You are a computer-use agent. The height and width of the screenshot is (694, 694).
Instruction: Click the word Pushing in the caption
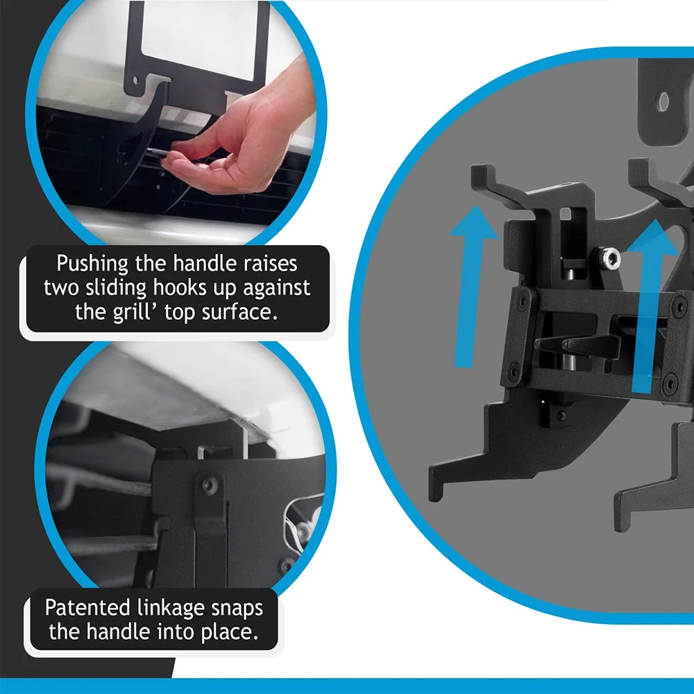click(x=92, y=264)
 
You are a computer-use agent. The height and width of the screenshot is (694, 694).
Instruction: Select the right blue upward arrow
click(x=651, y=305)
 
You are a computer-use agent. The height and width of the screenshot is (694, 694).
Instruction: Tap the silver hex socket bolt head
click(x=611, y=258)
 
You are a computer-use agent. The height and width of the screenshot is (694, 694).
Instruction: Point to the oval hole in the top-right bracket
click(x=663, y=102)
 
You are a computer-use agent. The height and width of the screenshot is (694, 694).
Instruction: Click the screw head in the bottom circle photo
click(x=210, y=486)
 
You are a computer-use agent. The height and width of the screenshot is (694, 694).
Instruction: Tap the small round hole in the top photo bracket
click(x=135, y=81)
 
